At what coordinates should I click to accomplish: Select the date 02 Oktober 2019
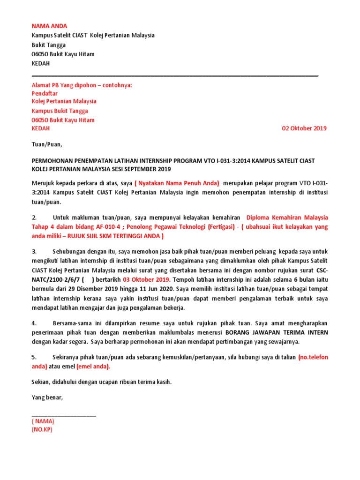click(x=304, y=128)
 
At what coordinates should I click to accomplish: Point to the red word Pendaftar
click(x=45, y=93)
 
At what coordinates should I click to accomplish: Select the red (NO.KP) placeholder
click(x=41, y=429)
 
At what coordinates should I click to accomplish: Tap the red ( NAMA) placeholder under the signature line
click(x=43, y=421)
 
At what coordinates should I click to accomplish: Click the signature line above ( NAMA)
click(x=64, y=415)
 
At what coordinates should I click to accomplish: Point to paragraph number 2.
click(x=34, y=217)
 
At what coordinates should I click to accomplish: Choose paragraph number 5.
click(x=34, y=357)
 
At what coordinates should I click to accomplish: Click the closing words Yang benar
click(x=47, y=397)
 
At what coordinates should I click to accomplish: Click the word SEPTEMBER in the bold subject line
click(x=134, y=169)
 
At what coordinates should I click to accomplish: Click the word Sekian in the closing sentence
click(x=40, y=382)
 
